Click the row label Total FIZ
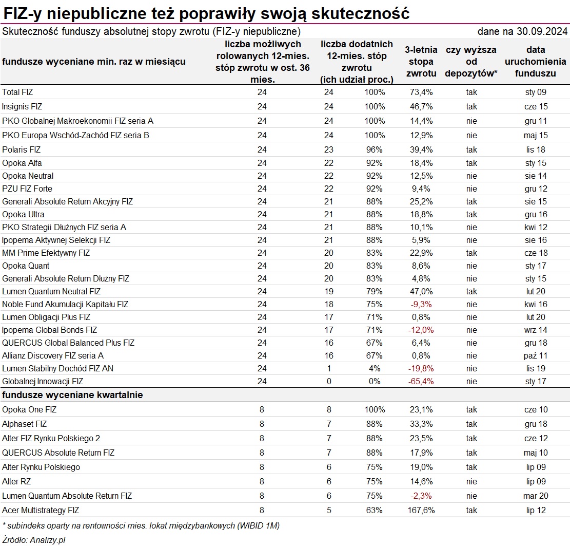click(x=17, y=92)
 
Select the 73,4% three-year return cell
click(x=421, y=92)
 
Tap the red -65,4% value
click(x=421, y=382)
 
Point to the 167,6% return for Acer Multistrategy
click(x=421, y=511)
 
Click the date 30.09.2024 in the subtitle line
click(x=542, y=31)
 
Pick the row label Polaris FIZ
click(x=21, y=149)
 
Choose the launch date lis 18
click(x=536, y=149)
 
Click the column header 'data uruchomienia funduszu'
click(x=536, y=62)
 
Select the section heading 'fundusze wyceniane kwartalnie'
click(x=72, y=395)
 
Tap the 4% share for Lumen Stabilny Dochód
click(x=375, y=369)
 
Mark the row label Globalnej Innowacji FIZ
click(x=43, y=382)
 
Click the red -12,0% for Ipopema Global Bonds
click(x=421, y=330)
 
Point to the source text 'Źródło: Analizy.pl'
click(x=34, y=540)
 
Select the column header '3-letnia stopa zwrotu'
click(x=421, y=62)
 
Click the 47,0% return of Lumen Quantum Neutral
click(x=421, y=292)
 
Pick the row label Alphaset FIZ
click(x=24, y=424)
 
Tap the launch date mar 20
click(x=536, y=496)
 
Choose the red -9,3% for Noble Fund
click(x=421, y=304)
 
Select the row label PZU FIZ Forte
click(x=27, y=189)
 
